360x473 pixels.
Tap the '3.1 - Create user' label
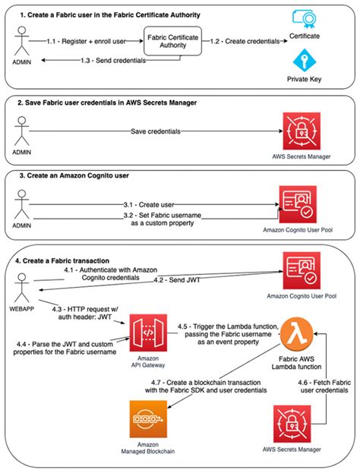[x=155, y=203]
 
